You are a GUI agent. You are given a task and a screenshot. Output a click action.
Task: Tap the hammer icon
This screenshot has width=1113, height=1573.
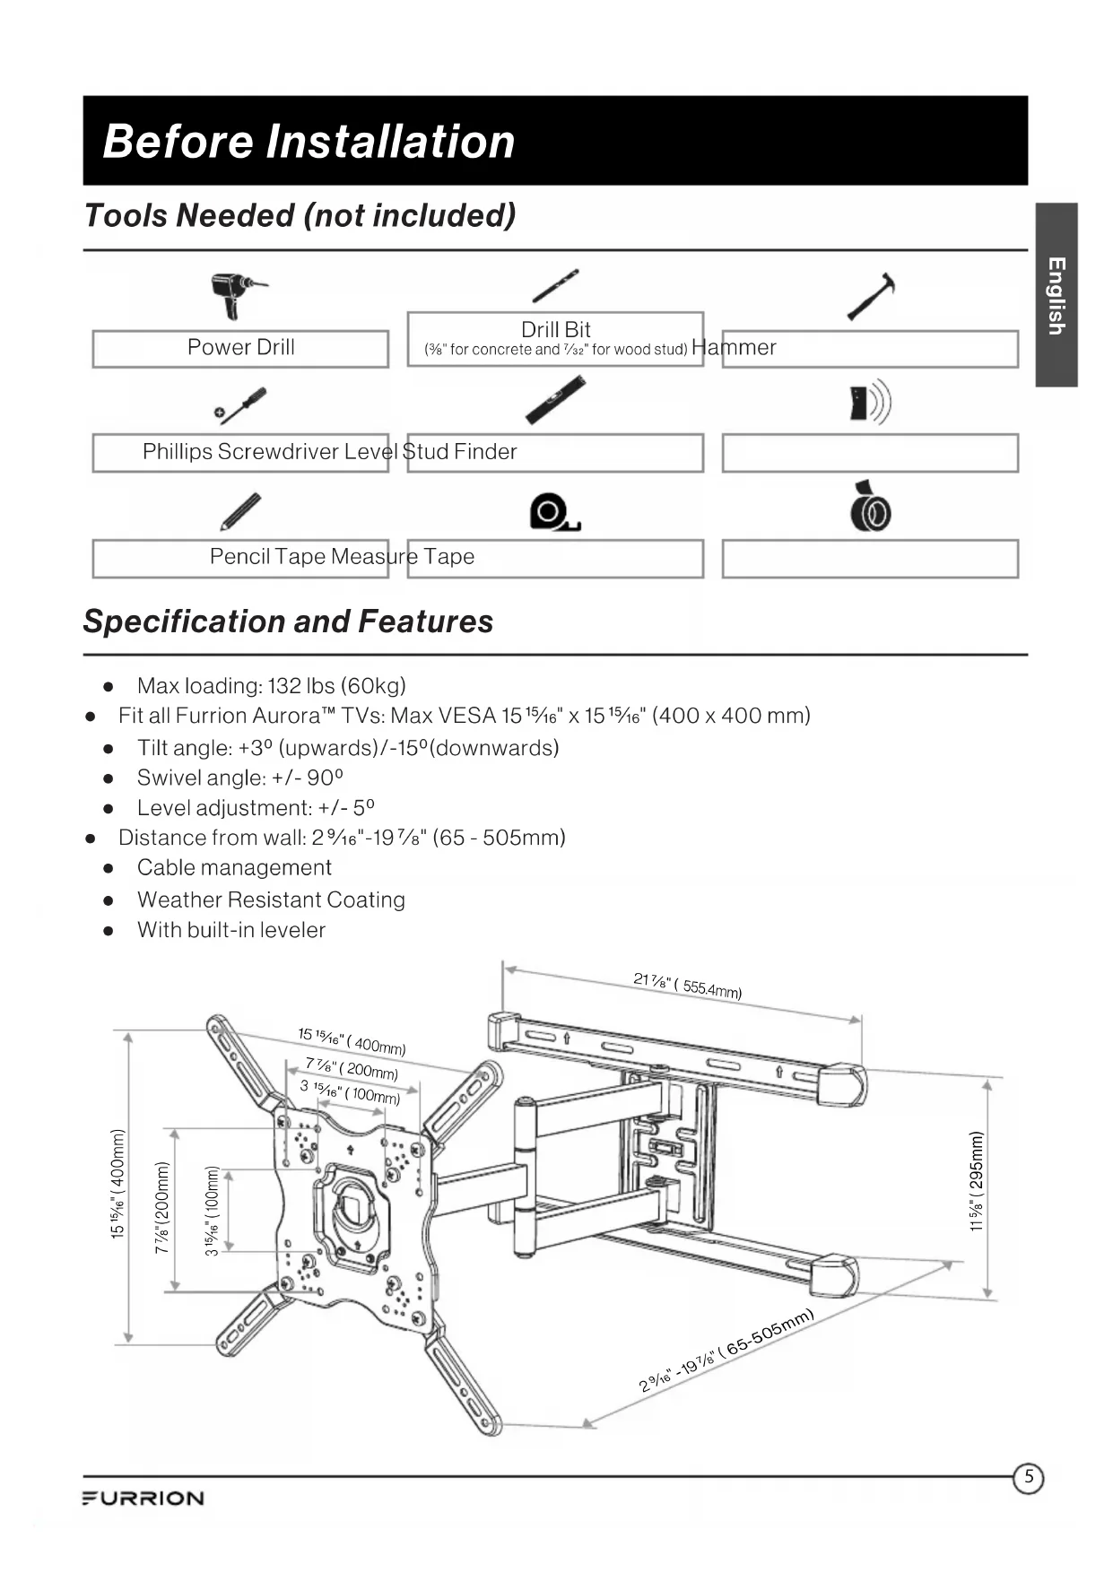872,296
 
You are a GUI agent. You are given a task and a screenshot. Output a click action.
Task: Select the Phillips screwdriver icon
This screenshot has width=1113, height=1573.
240,405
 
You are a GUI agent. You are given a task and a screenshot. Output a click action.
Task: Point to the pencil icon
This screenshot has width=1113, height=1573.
240,511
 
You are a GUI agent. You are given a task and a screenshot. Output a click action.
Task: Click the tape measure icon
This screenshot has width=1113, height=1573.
554,511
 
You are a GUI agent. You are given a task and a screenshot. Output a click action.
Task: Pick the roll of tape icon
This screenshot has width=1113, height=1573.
870,508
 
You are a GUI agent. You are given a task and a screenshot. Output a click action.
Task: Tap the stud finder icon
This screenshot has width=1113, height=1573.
870,403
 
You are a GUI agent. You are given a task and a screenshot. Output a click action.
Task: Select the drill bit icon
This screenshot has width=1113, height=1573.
555,286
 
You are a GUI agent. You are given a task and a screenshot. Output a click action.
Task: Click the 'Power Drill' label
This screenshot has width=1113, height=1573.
240,348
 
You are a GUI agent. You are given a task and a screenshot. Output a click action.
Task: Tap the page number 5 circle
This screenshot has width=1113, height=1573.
1029,1477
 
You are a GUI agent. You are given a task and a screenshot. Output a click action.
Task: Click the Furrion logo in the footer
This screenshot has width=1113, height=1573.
143,1499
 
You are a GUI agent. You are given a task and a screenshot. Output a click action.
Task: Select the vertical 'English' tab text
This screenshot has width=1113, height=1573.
1056,296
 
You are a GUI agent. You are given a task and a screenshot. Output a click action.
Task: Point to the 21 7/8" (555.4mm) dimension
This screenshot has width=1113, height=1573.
687,985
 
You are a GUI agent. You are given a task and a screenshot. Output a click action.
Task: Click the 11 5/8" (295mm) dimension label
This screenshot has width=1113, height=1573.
977,1182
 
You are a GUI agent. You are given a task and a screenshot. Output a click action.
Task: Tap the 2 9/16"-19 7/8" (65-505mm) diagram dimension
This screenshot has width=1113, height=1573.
726,1351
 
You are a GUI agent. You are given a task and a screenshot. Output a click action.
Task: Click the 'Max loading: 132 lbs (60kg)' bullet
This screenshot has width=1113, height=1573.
271,686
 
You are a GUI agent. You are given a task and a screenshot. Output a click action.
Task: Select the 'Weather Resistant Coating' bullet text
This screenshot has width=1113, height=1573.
271,899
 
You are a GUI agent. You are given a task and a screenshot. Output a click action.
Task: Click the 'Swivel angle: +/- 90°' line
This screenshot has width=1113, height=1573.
240,778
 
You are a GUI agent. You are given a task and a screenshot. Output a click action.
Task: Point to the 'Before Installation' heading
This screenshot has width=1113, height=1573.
309,142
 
